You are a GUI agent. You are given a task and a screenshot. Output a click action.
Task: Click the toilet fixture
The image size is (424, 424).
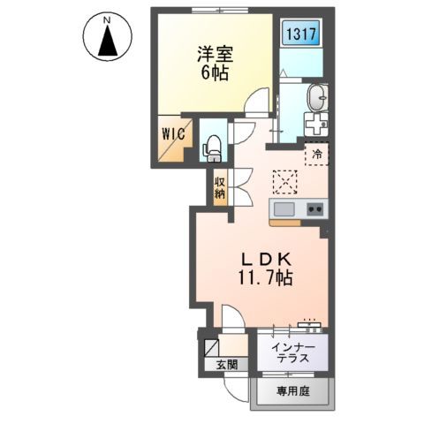(x=212, y=148)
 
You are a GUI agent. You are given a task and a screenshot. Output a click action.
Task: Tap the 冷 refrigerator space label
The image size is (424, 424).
(x=316, y=155)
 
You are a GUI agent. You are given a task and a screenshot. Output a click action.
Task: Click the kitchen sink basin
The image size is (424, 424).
(x=284, y=209)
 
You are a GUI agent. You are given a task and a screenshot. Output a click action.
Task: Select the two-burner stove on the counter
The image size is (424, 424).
(x=314, y=209)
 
